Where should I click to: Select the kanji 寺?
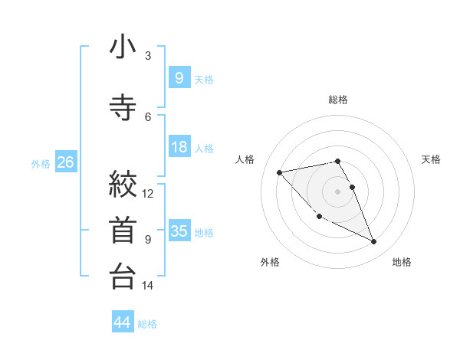pyautogui.click(x=123, y=107)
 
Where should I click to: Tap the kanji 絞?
pyautogui.click(x=123, y=185)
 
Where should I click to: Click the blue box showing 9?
pyautogui.click(x=179, y=77)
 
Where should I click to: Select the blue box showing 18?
pyautogui.click(x=179, y=147)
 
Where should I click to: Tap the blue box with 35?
pyautogui.click(x=179, y=231)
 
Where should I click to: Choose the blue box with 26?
pyautogui.click(x=65, y=162)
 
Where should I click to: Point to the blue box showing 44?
pyautogui.click(x=123, y=322)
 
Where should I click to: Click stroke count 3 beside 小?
pyautogui.click(x=148, y=56)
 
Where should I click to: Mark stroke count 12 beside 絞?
pyautogui.click(x=148, y=194)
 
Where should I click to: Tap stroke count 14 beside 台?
pyautogui.click(x=148, y=286)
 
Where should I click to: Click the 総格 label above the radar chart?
pyautogui.click(x=338, y=100)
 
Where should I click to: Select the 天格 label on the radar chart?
pyautogui.click(x=432, y=159)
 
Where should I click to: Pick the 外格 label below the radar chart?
pyautogui.click(x=270, y=262)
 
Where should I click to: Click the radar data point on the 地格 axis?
pyautogui.click(x=374, y=242)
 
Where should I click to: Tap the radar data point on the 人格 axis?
pyautogui.click(x=280, y=172)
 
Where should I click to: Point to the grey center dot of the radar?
pyautogui.click(x=338, y=191)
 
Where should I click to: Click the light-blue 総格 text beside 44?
pyautogui.click(x=148, y=324)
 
